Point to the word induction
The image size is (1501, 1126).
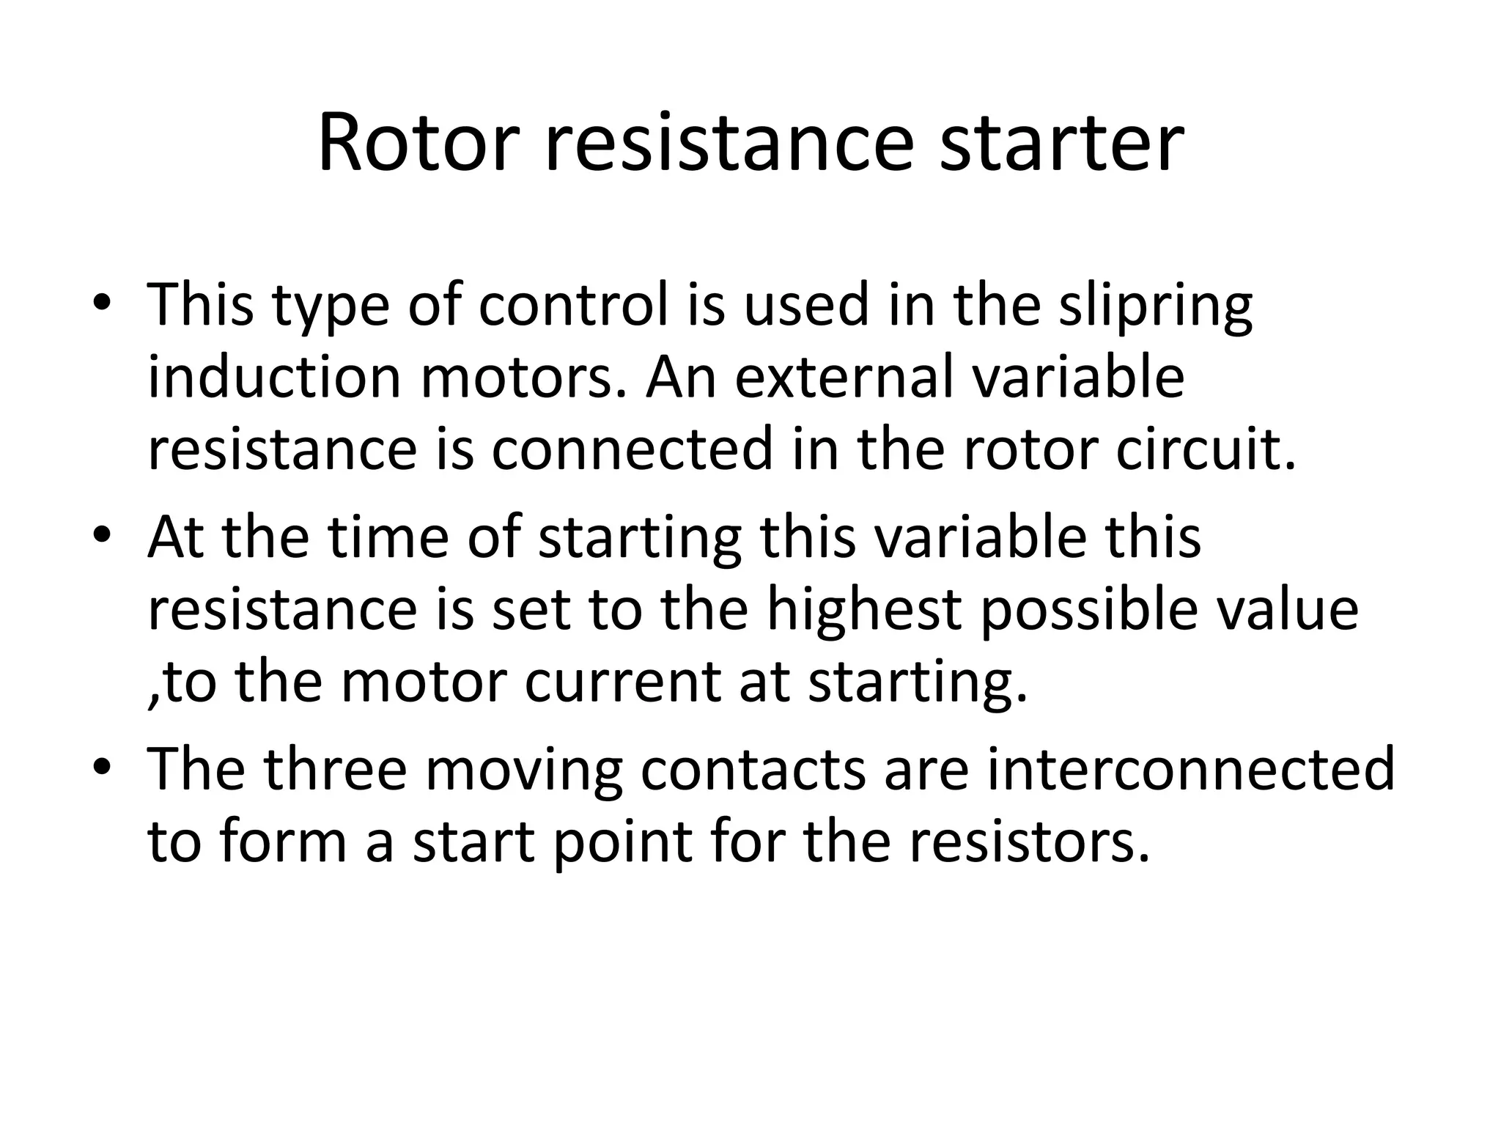tap(274, 378)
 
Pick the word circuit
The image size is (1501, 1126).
tap(1206, 449)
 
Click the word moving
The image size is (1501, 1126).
tap(523, 771)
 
